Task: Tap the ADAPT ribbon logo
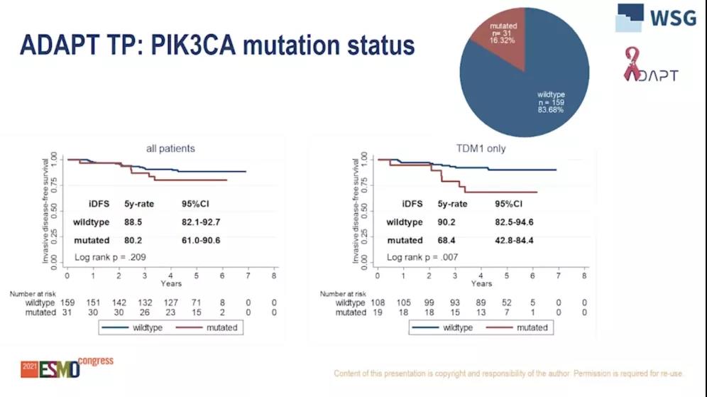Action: pos(650,65)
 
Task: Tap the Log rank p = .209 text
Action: pos(110,257)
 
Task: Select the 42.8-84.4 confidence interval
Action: pos(514,240)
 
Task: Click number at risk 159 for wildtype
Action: pos(67,303)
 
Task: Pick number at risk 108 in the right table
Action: pos(378,303)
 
